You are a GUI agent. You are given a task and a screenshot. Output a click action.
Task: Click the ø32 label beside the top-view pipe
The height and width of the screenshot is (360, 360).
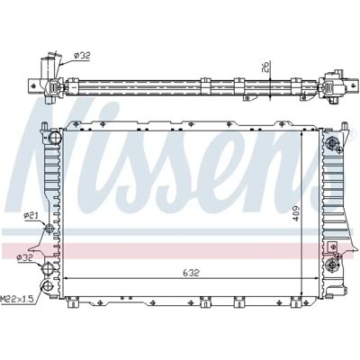(x=82, y=56)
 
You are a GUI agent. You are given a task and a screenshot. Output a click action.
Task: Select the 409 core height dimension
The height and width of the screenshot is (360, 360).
(x=296, y=213)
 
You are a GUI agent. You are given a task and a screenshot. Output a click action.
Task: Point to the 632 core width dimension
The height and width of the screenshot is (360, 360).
(x=191, y=273)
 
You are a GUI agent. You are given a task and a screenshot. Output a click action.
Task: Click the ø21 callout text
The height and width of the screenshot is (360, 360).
(x=31, y=215)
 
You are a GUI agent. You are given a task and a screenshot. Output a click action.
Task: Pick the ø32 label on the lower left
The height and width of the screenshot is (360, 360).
(x=25, y=257)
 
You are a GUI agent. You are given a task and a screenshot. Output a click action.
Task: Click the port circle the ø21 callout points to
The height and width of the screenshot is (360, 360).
(x=49, y=229)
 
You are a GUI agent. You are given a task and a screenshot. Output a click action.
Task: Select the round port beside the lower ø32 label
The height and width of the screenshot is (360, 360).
(x=48, y=268)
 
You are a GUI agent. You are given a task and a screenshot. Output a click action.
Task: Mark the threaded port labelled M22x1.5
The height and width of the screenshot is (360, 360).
(x=48, y=286)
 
